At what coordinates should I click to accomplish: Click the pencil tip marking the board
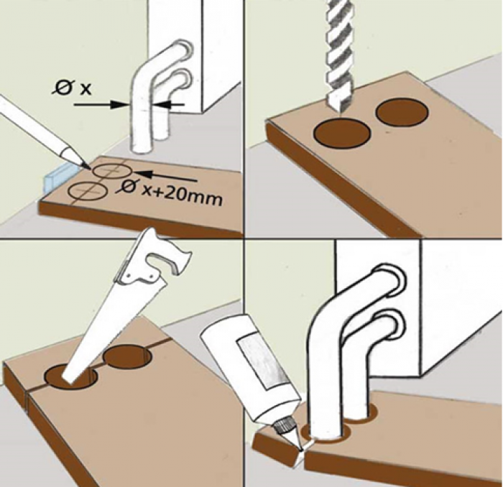pos(88,167)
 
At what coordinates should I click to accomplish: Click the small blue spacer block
pos(60,175)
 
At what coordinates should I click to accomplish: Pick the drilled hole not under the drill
pos(402,112)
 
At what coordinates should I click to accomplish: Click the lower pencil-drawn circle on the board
pos(87,190)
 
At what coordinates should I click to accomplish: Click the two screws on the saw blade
pos(139,275)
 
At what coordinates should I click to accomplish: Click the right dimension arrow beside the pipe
pos(167,103)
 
